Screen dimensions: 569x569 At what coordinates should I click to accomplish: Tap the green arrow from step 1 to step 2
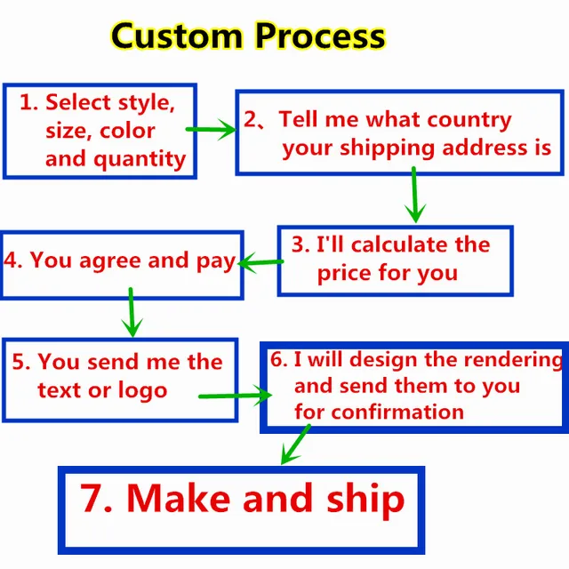211,130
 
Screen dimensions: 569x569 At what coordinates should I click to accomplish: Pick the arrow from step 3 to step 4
259,262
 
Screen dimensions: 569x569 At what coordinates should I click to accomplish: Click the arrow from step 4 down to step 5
132,312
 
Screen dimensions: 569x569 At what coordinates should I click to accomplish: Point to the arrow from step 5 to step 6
234,394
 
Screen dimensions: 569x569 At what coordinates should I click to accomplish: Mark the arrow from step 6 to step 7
295,445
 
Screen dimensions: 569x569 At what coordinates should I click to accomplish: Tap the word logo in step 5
141,390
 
